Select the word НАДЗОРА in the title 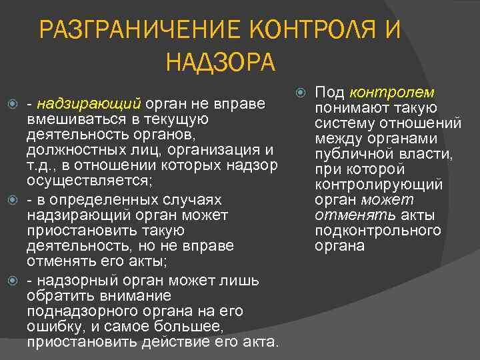pos(220,63)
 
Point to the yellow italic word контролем pos(392,92)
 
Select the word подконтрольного pos(378,231)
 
